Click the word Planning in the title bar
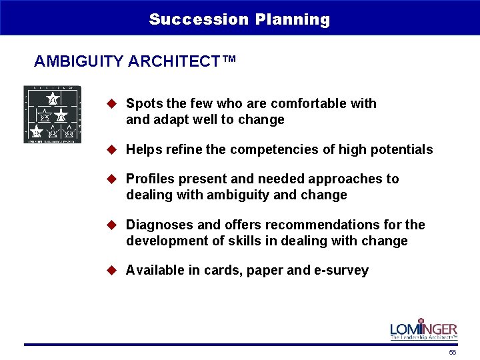[292, 19]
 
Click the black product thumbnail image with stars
[52, 114]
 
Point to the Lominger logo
[423, 329]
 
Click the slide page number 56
[453, 352]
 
